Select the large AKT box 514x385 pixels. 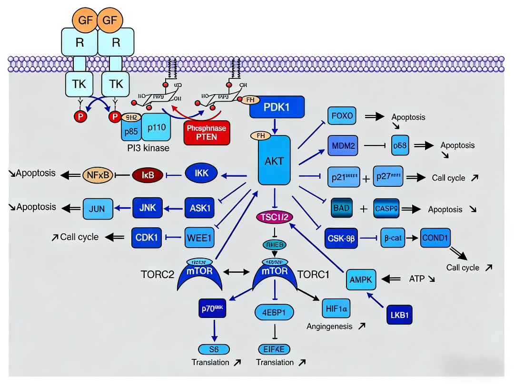[x=274, y=160]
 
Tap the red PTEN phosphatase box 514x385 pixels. [x=207, y=133]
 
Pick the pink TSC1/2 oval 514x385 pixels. [x=275, y=217]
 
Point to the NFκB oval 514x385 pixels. [x=99, y=175]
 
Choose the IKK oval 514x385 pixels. [x=202, y=174]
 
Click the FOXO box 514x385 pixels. [x=342, y=115]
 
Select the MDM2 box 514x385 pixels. [x=342, y=146]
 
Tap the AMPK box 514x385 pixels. [x=361, y=279]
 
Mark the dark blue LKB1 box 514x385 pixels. [x=399, y=314]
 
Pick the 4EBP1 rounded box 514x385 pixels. [x=274, y=312]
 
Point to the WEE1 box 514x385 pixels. [x=198, y=238]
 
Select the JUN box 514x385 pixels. [x=98, y=208]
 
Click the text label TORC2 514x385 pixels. [x=158, y=275]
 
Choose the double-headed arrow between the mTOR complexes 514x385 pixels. [x=236, y=272]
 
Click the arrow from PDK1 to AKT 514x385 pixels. [x=275, y=126]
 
